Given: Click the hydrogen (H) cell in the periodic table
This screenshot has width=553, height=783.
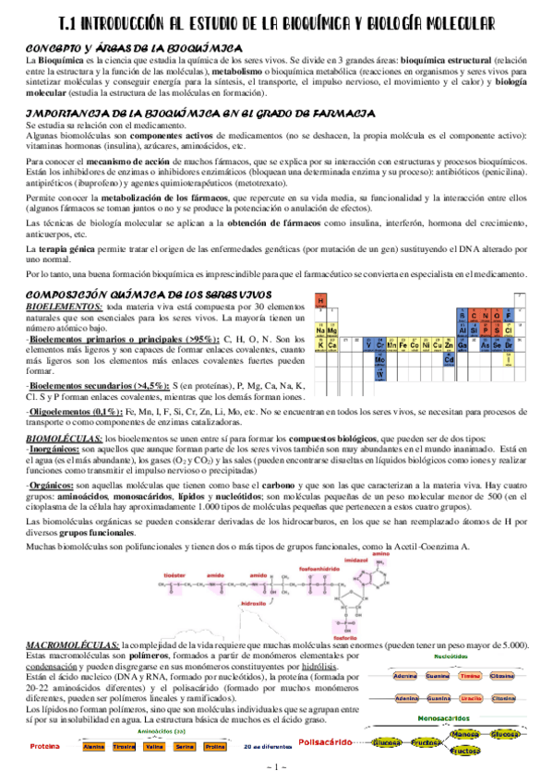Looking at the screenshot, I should [320, 301].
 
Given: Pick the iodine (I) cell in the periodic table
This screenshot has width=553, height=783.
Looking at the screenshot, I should [507, 359].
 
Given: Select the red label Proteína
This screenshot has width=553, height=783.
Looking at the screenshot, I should [45, 746].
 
